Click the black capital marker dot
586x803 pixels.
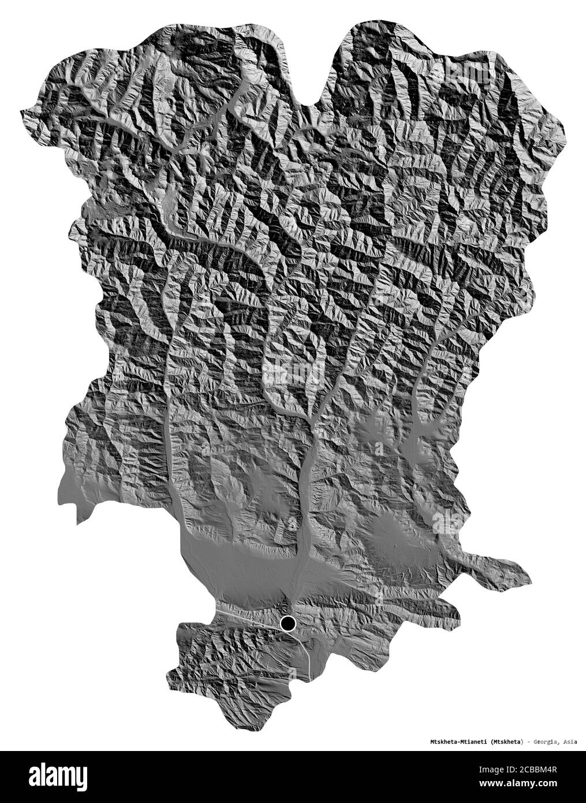pos(288,623)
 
